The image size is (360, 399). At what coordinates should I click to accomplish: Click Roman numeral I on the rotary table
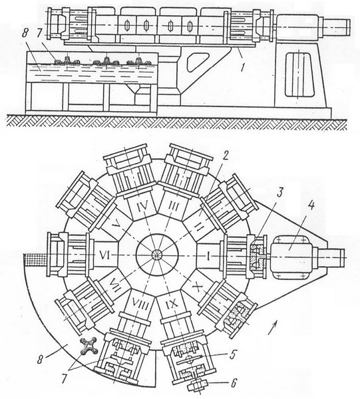coord(208,256)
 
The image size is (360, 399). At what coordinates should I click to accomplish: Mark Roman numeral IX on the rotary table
coord(171,303)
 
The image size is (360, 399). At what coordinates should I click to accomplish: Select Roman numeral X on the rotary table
coord(197,289)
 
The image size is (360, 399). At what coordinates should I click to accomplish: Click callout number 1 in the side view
coord(243,66)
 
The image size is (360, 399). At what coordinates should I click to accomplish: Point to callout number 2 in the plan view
coord(226,156)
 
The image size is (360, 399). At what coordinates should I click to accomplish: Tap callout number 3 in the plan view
coord(279,193)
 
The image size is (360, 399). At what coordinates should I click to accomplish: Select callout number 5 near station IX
coord(232,355)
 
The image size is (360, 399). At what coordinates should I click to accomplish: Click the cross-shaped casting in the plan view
coord(89,346)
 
